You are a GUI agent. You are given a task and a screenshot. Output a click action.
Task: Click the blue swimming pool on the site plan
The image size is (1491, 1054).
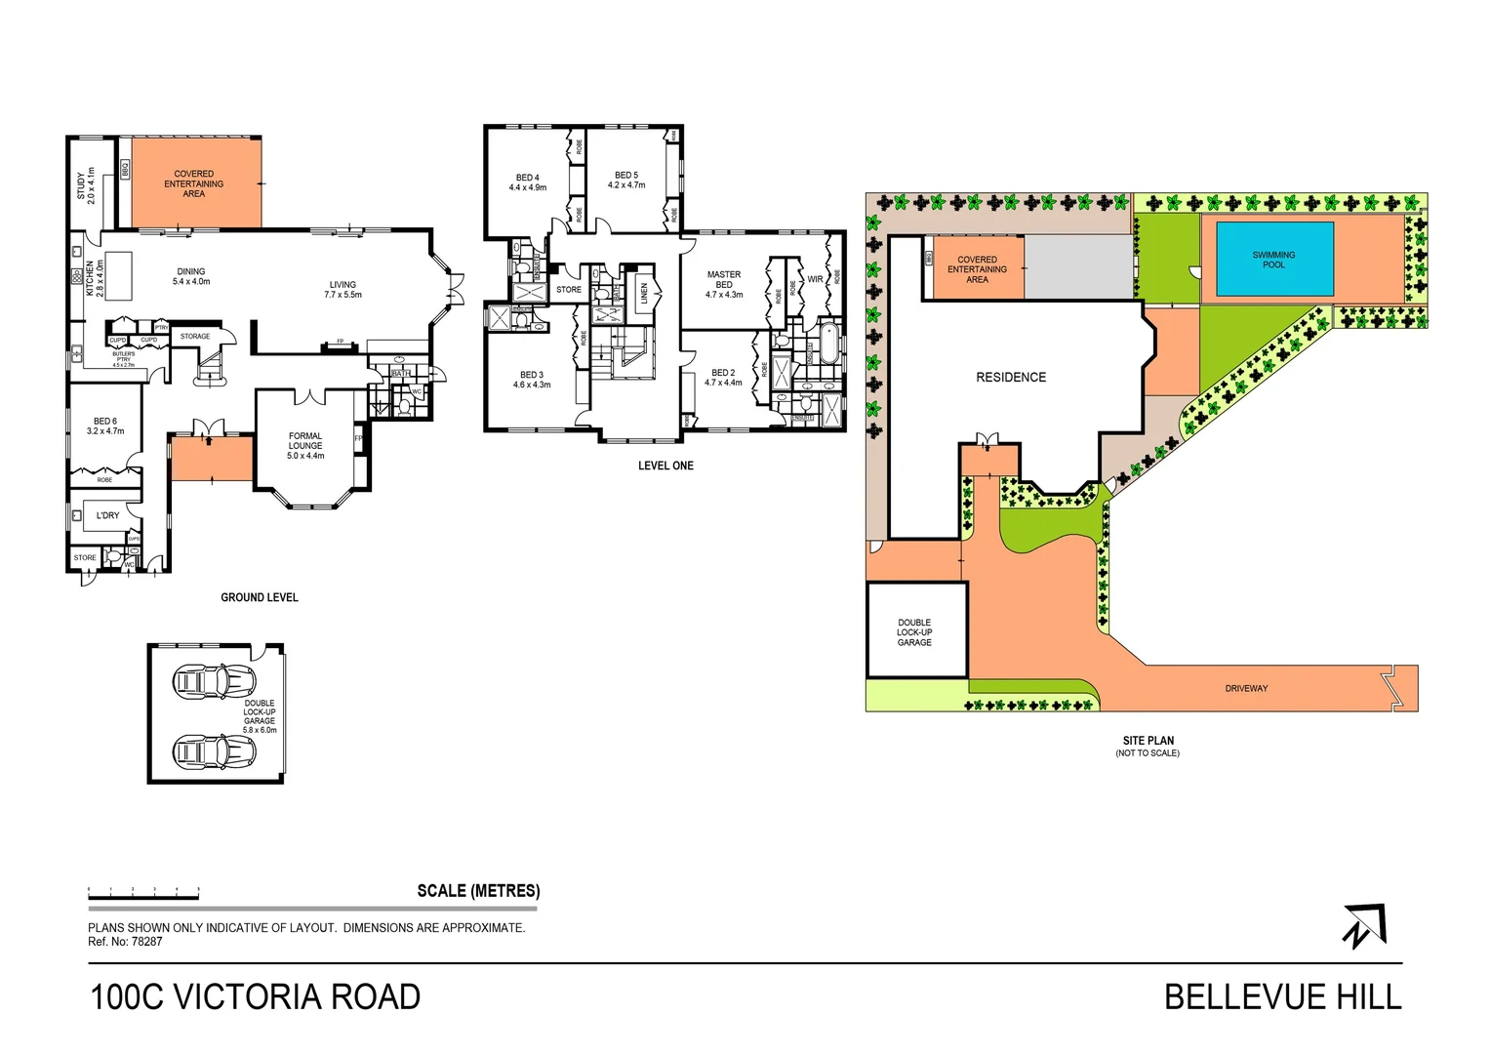[x=1273, y=260]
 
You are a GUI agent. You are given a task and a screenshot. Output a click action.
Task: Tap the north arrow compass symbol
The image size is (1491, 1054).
[x=1364, y=925]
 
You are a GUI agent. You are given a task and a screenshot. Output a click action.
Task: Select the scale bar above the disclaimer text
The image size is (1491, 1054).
[x=143, y=891]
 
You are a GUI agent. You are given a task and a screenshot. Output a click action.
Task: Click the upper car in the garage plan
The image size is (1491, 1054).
[x=214, y=681]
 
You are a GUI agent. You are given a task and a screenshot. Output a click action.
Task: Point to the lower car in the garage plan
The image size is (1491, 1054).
[x=214, y=750]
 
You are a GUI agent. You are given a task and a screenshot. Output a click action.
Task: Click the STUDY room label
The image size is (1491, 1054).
[x=86, y=185]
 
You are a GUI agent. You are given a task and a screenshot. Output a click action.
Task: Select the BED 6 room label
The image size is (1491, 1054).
[x=105, y=426]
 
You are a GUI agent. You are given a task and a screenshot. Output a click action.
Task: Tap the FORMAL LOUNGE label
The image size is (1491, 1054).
[x=305, y=445]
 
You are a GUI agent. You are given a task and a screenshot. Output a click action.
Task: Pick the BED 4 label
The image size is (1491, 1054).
[x=528, y=182]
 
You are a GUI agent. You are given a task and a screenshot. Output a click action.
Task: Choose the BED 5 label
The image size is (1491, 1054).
[x=626, y=180]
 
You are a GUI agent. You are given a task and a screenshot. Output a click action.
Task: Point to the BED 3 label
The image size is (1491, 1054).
[x=532, y=380]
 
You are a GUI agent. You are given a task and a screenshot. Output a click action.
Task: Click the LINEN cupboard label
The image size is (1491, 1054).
[x=644, y=293]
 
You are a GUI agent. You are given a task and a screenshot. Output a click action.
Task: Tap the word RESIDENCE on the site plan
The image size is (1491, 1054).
[x=1011, y=378]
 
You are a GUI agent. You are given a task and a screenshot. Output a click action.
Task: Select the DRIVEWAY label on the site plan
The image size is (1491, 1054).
[x=1246, y=689]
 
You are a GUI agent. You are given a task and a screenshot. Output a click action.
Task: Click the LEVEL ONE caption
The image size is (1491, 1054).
[x=665, y=466]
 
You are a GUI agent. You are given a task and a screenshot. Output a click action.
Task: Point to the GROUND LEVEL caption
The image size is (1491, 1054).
[x=260, y=597]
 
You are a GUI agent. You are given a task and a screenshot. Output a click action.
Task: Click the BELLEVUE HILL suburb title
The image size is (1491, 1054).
[x=1282, y=997]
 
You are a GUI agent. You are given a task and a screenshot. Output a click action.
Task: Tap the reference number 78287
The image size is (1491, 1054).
[x=146, y=942]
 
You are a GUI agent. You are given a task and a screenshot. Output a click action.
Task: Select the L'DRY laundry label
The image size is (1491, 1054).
[x=107, y=515]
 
